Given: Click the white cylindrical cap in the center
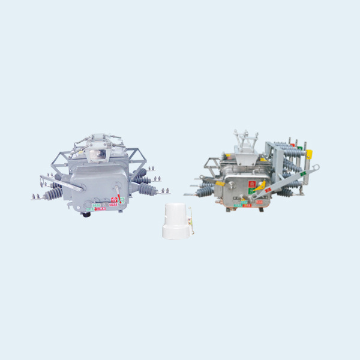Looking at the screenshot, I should (176, 221).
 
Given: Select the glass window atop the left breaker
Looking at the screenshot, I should (99, 154).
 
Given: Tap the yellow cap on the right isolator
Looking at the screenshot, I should (310, 155).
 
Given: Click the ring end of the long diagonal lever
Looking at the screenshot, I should (316, 168).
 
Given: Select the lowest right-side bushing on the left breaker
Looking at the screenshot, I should (148, 190).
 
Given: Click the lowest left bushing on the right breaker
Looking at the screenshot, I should (205, 191).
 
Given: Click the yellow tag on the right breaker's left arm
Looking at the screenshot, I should (220, 184).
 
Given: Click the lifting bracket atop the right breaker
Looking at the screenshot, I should (242, 142).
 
